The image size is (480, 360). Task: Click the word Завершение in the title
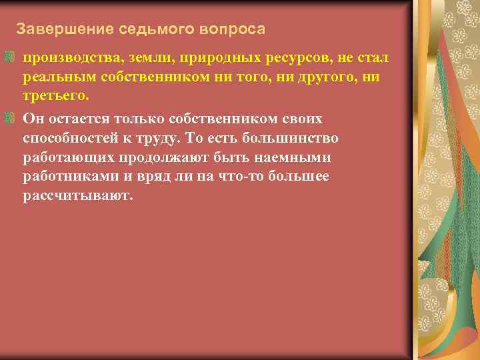55,30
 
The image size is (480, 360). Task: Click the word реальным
61,77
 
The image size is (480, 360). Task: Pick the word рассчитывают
78,197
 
